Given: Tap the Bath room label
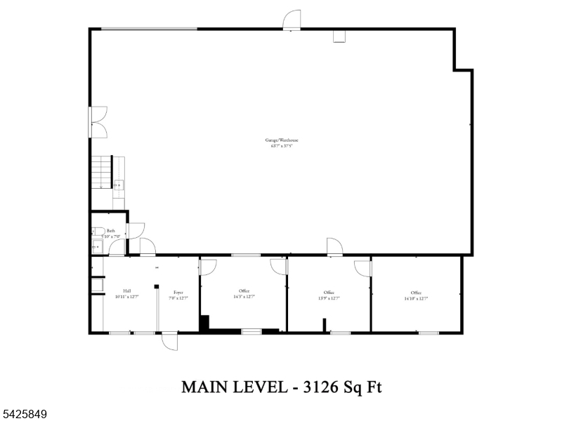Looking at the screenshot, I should [x=110, y=230].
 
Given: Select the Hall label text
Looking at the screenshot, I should [x=127, y=291].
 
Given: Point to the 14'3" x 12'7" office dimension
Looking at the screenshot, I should [x=244, y=297].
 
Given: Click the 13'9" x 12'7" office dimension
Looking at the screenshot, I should [x=329, y=298].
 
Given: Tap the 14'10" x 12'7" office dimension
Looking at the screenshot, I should [x=416, y=298].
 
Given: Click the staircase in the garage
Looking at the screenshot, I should [x=101, y=173].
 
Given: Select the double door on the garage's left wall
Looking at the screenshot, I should [x=97, y=121].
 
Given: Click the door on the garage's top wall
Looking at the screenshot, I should [x=292, y=21].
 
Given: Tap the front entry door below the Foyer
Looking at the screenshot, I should [x=169, y=341].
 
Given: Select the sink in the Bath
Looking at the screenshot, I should [x=96, y=246].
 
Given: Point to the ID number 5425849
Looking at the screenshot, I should [x=25, y=415].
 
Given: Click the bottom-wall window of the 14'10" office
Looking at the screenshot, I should [x=429, y=332].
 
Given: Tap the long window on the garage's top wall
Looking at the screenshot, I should [x=149, y=29].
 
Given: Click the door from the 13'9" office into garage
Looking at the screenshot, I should [x=334, y=246].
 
